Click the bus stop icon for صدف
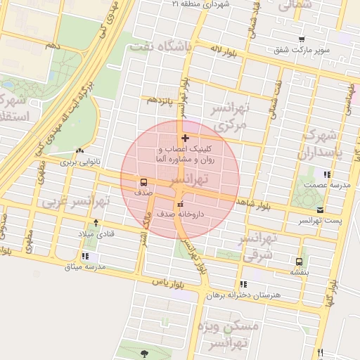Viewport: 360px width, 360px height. click(x=143, y=182)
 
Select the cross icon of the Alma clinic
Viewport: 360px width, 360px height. click(x=185, y=139)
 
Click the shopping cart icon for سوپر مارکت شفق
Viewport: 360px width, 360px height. click(x=302, y=39)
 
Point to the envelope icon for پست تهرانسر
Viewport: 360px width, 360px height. click(x=321, y=210)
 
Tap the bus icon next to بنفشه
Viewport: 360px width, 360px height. click(x=300, y=261)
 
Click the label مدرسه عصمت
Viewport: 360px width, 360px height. click(x=321, y=184)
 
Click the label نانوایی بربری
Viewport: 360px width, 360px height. click(x=79, y=161)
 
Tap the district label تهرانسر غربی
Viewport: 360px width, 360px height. click(x=75, y=202)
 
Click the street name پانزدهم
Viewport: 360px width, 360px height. click(x=158, y=101)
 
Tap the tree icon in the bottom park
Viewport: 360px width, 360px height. click(x=144, y=354)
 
